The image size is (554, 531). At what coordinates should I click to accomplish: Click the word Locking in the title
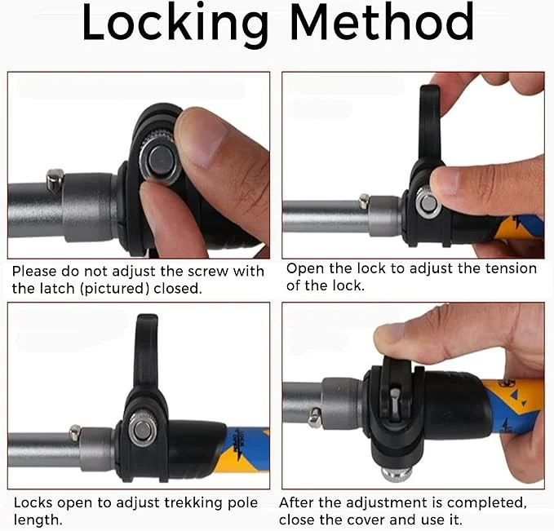[175, 24]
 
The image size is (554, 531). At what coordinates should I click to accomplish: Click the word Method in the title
[382, 21]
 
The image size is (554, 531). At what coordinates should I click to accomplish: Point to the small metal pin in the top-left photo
[55, 179]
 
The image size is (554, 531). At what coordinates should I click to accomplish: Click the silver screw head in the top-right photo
[428, 203]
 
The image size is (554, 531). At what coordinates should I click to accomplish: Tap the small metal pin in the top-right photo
[364, 201]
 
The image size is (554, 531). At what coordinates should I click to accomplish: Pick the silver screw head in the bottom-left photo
[142, 430]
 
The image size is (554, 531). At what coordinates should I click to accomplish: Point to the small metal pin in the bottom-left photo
[75, 433]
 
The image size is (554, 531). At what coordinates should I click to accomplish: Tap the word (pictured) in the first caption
[114, 289]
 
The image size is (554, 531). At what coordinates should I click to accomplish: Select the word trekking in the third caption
[191, 502]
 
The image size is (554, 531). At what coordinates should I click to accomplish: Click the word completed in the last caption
[487, 503]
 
